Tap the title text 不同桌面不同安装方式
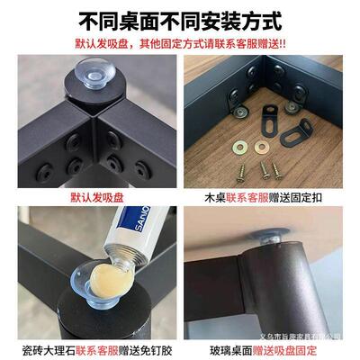click(x=180, y=17)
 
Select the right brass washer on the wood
click(x=265, y=144)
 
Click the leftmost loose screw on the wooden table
click(x=243, y=167)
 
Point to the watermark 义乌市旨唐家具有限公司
click(x=310, y=334)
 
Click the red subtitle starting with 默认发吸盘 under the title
click(x=180, y=41)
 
